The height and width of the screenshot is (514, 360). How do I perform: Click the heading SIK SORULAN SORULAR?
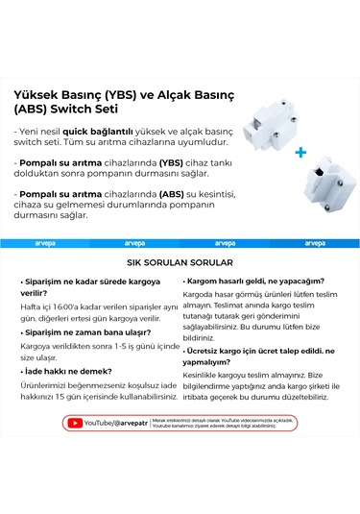[180, 261]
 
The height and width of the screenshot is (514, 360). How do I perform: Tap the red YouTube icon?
[74, 422]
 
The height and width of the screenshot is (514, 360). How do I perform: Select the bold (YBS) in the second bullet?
[172, 162]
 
